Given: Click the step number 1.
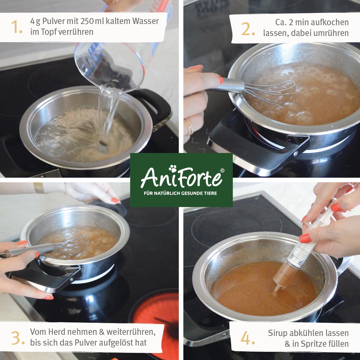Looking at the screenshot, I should [16, 27].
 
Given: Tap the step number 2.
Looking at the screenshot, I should [248, 29].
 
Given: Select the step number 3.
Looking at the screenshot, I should [18, 338].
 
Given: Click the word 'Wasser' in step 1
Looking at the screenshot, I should [146, 21].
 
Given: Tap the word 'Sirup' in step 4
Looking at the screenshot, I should [277, 333].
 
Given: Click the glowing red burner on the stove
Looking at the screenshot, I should [156, 312].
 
